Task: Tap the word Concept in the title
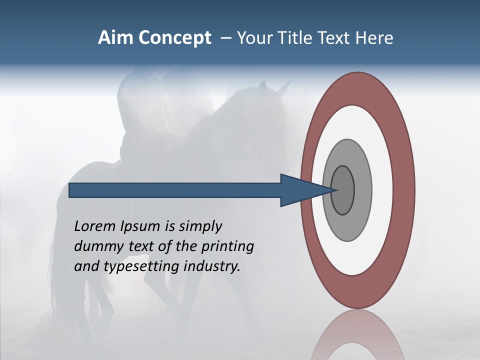(x=175, y=38)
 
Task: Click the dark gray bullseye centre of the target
(x=343, y=190)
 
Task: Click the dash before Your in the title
(x=226, y=38)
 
